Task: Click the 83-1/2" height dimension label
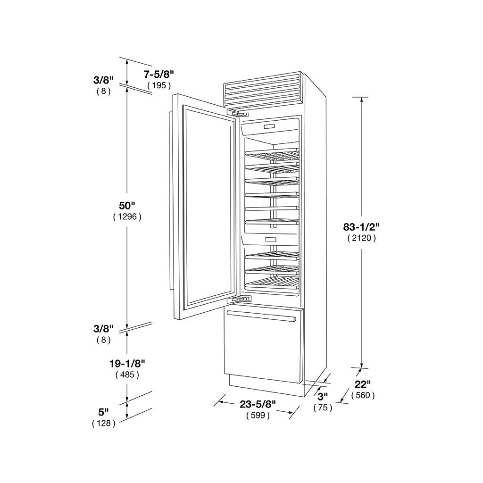tap(361, 227)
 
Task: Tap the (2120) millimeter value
tap(361, 238)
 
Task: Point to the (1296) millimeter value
tap(127, 217)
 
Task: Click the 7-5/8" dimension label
tap(159, 74)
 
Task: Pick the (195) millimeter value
tap(159, 85)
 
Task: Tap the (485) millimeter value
tap(127, 375)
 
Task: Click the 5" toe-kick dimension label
tap(103, 412)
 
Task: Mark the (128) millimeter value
tap(103, 423)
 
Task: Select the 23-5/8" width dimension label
tap(258, 404)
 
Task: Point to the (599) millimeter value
tap(258, 416)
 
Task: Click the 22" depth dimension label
tap(363, 384)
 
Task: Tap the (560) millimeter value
tap(363, 396)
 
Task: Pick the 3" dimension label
tap(323, 396)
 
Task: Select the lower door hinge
tap(239, 299)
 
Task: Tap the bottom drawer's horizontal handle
tap(261, 316)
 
